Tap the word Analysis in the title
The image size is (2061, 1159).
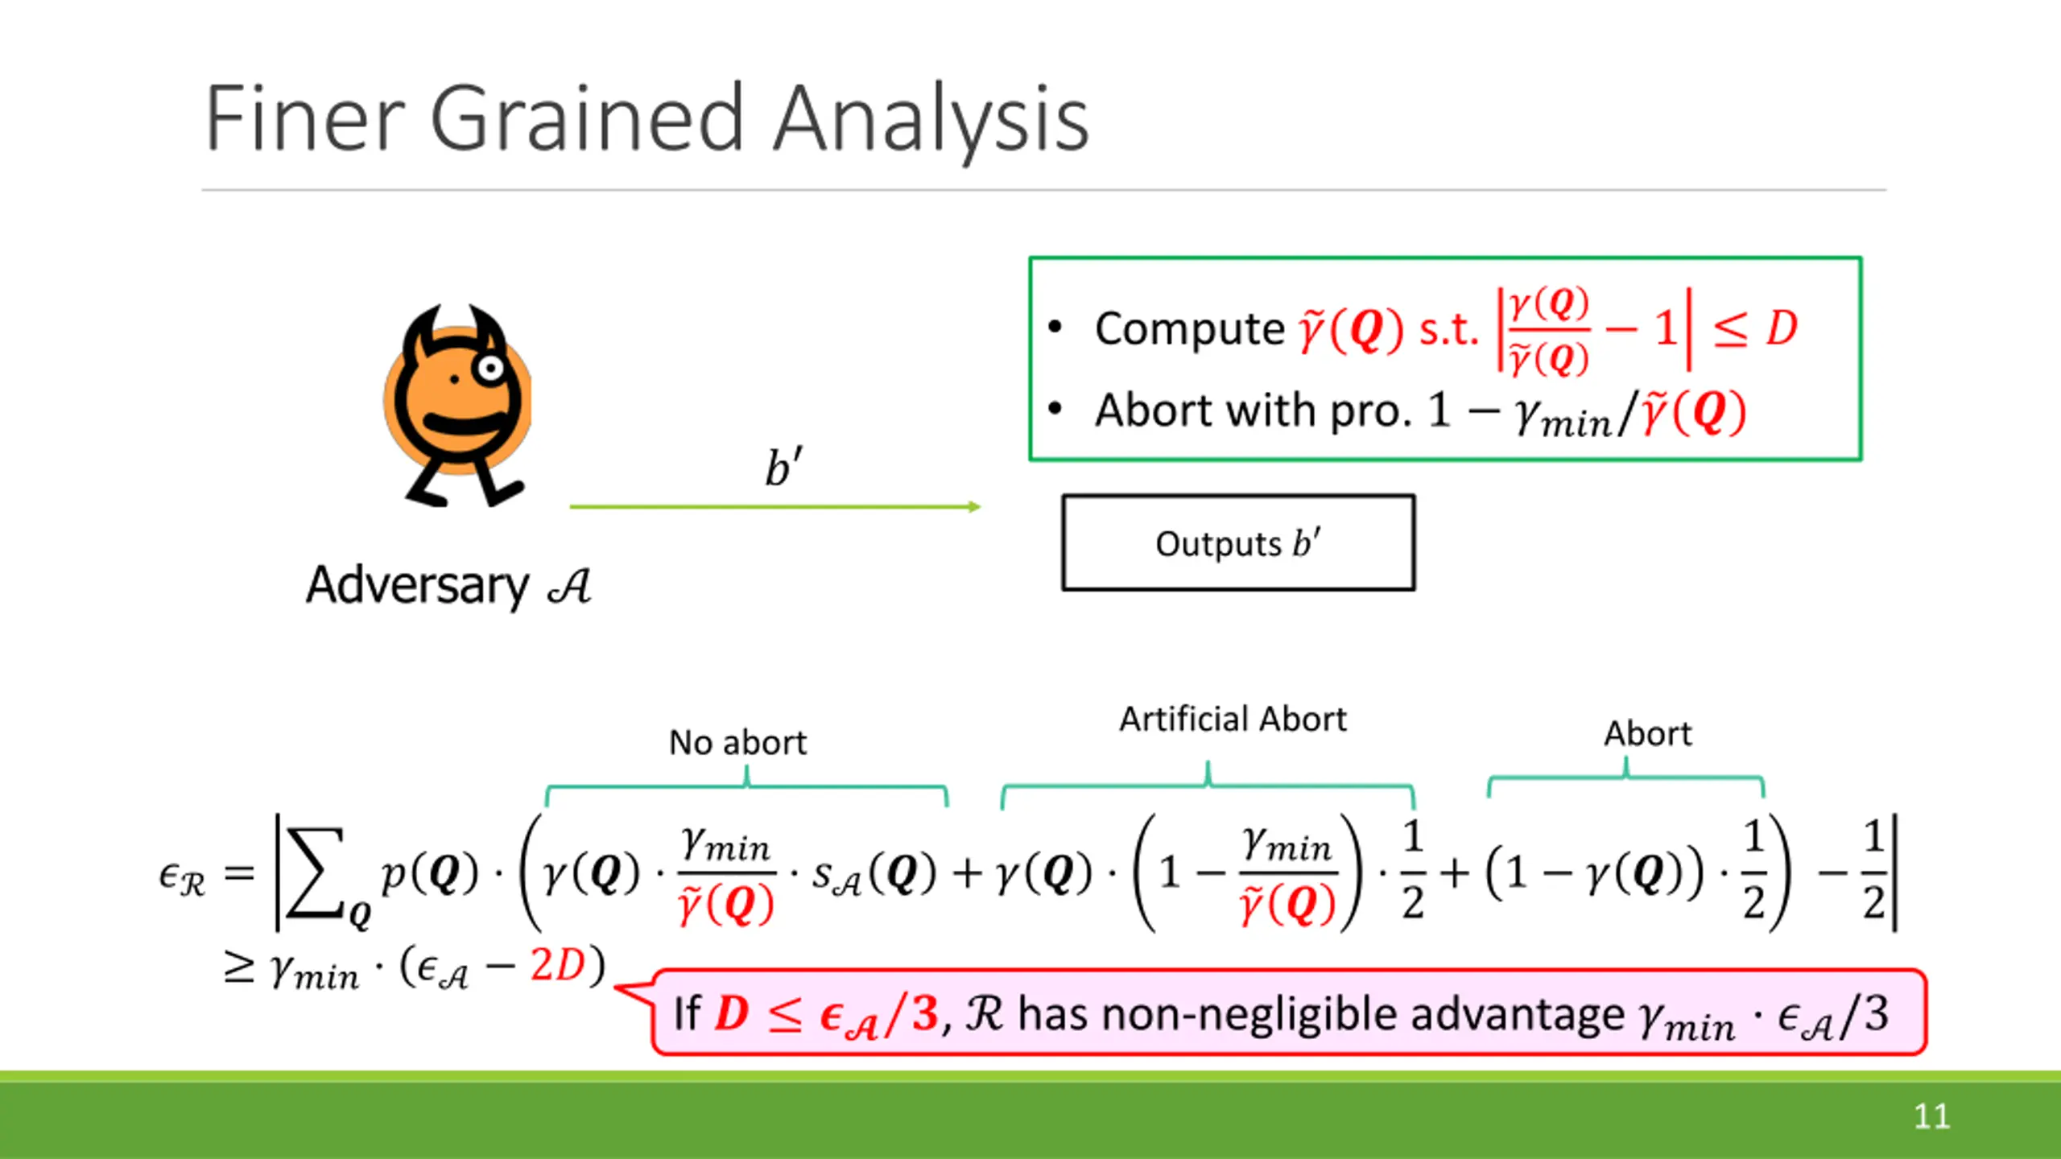[931, 122]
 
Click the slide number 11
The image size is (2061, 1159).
[1931, 1116]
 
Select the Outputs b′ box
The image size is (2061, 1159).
[1238, 542]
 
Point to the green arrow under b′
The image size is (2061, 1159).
[775, 506]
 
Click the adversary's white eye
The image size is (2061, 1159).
[489, 369]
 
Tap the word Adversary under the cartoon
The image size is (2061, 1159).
[417, 585]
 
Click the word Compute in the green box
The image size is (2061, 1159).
[1190, 328]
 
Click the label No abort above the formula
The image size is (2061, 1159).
[737, 742]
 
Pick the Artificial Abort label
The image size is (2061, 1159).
[1233, 719]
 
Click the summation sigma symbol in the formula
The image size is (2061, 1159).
[316, 874]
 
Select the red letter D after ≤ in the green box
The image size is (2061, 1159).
[1782, 328]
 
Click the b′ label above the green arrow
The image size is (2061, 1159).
[783, 466]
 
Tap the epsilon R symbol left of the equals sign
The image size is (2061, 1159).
[182, 877]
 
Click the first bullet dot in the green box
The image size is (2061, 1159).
[1055, 327]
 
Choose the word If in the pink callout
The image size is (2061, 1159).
[687, 1013]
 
